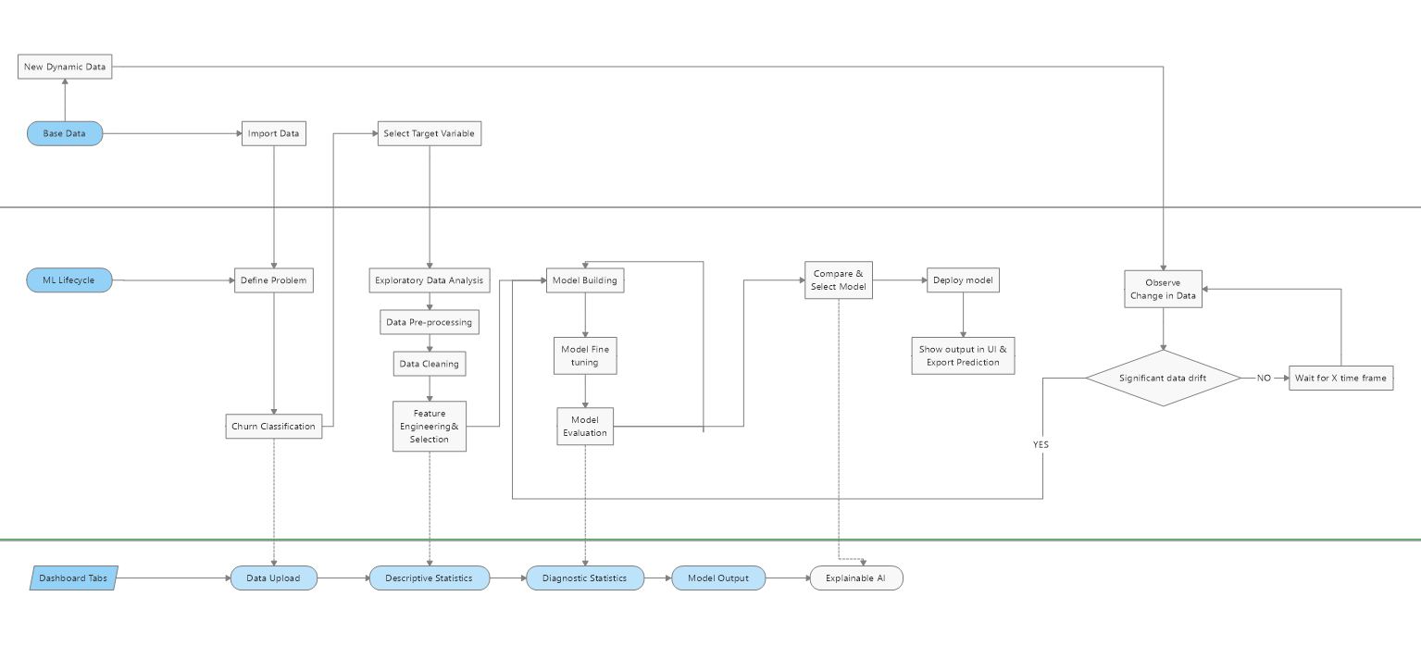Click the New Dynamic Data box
(x=65, y=67)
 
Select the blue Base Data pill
(x=65, y=133)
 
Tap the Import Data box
(x=273, y=133)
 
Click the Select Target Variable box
(x=429, y=133)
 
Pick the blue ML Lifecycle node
(x=69, y=280)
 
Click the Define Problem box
(x=273, y=280)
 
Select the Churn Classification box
(x=274, y=427)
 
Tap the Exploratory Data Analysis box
(x=429, y=280)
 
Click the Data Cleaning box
(x=429, y=364)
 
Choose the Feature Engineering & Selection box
(x=429, y=426)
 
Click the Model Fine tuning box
(x=585, y=355)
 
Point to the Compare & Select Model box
(x=838, y=280)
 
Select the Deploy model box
(x=963, y=280)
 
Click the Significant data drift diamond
(x=1163, y=378)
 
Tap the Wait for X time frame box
(x=1340, y=378)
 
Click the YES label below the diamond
(x=1041, y=445)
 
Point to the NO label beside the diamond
(x=1264, y=379)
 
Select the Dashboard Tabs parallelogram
(x=73, y=578)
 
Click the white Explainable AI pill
(x=855, y=578)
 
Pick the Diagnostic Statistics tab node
(x=584, y=578)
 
